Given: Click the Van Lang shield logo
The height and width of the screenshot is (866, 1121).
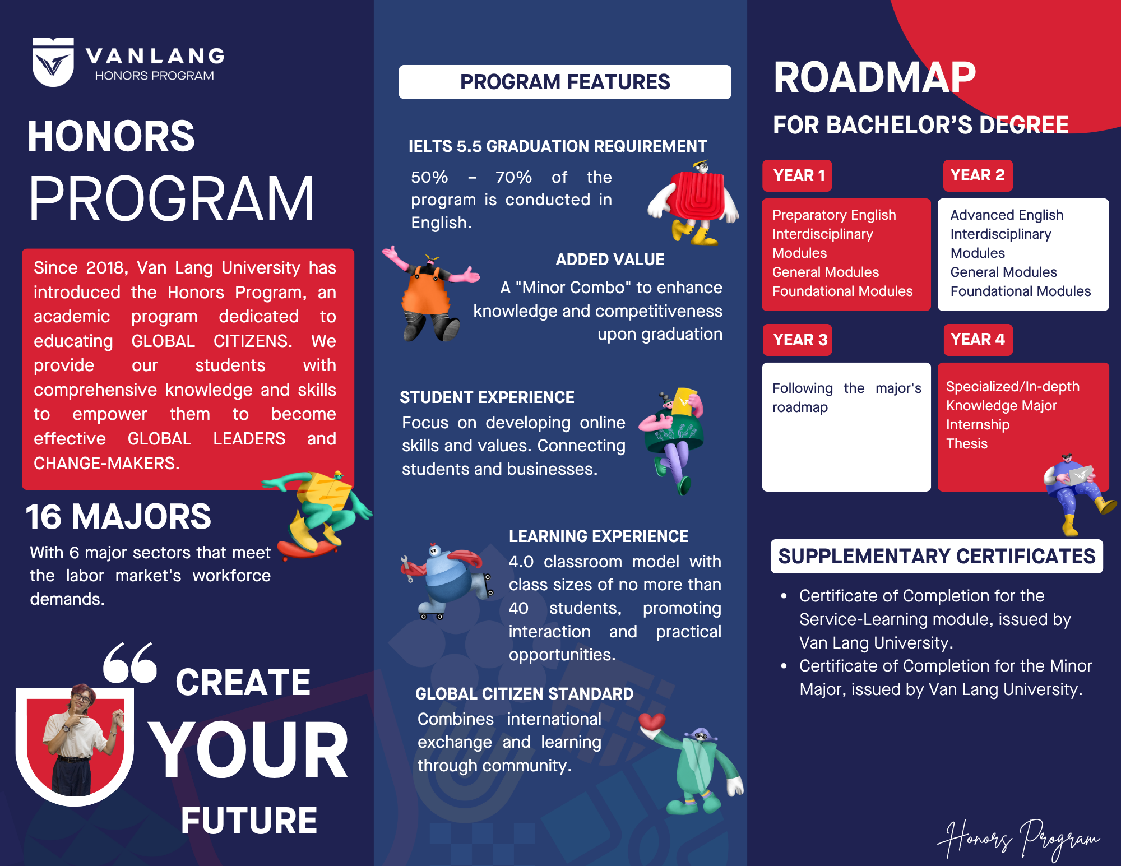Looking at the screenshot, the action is (x=53, y=62).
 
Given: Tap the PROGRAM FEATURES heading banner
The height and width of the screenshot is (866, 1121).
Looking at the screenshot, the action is (x=565, y=82).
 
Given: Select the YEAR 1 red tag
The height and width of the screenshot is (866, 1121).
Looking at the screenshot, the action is (x=797, y=175).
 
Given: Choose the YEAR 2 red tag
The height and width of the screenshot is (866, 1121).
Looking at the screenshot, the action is (x=978, y=175).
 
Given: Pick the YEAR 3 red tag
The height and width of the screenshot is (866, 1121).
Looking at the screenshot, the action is (x=797, y=340).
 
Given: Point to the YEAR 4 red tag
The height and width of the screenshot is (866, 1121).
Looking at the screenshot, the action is (x=978, y=340).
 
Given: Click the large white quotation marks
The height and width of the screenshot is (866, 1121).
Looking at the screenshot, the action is (x=130, y=663).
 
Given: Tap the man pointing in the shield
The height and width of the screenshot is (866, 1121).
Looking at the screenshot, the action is (x=81, y=740).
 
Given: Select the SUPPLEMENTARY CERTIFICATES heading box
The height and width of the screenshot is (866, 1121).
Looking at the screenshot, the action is (x=937, y=556).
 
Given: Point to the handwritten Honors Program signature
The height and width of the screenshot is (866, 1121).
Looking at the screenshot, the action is (x=1018, y=839).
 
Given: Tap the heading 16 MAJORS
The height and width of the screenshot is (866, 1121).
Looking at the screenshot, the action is (x=118, y=516).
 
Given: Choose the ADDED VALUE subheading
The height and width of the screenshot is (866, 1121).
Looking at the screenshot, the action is (x=610, y=260).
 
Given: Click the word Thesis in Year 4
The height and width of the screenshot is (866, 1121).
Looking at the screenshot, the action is (x=967, y=444).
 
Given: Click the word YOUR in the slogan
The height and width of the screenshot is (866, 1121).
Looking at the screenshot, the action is (x=248, y=750).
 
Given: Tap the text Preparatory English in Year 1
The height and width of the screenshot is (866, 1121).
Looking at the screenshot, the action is (x=834, y=215).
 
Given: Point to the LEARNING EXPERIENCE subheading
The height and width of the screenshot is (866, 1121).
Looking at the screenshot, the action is (x=598, y=536).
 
